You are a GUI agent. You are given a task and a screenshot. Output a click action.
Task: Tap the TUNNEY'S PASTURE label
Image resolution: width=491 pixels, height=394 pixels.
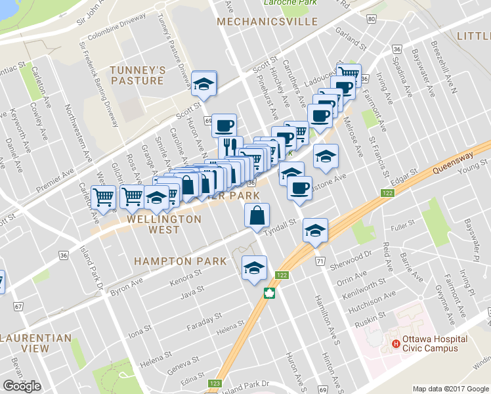(x=137, y=76)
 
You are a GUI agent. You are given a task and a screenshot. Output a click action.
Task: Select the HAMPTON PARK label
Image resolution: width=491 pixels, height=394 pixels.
(x=181, y=261)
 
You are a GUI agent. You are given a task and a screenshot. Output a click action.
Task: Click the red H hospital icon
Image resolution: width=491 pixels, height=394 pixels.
(x=396, y=343)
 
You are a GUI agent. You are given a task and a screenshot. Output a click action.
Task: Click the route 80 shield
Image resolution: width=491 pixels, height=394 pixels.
(x=372, y=19)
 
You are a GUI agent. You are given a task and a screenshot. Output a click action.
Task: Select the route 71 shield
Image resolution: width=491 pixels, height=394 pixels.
(x=320, y=261)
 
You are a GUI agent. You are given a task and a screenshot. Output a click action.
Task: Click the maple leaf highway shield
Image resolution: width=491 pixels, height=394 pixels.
(x=268, y=294)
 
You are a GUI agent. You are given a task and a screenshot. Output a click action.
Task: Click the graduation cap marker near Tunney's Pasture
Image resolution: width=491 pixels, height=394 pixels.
(x=204, y=83)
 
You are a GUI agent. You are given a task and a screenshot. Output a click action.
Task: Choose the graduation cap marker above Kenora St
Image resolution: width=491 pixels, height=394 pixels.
(x=254, y=267)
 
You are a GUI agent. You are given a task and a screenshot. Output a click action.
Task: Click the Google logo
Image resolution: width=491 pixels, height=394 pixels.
(x=22, y=385)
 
